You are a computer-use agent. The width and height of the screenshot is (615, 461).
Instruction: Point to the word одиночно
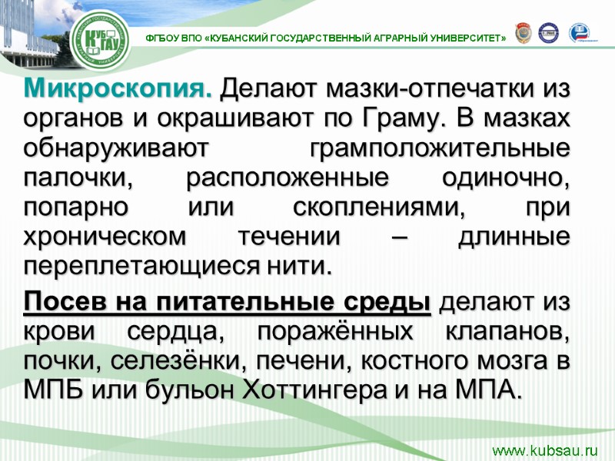[x=508, y=179]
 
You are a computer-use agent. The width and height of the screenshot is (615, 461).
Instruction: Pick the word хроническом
[x=105, y=237]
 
